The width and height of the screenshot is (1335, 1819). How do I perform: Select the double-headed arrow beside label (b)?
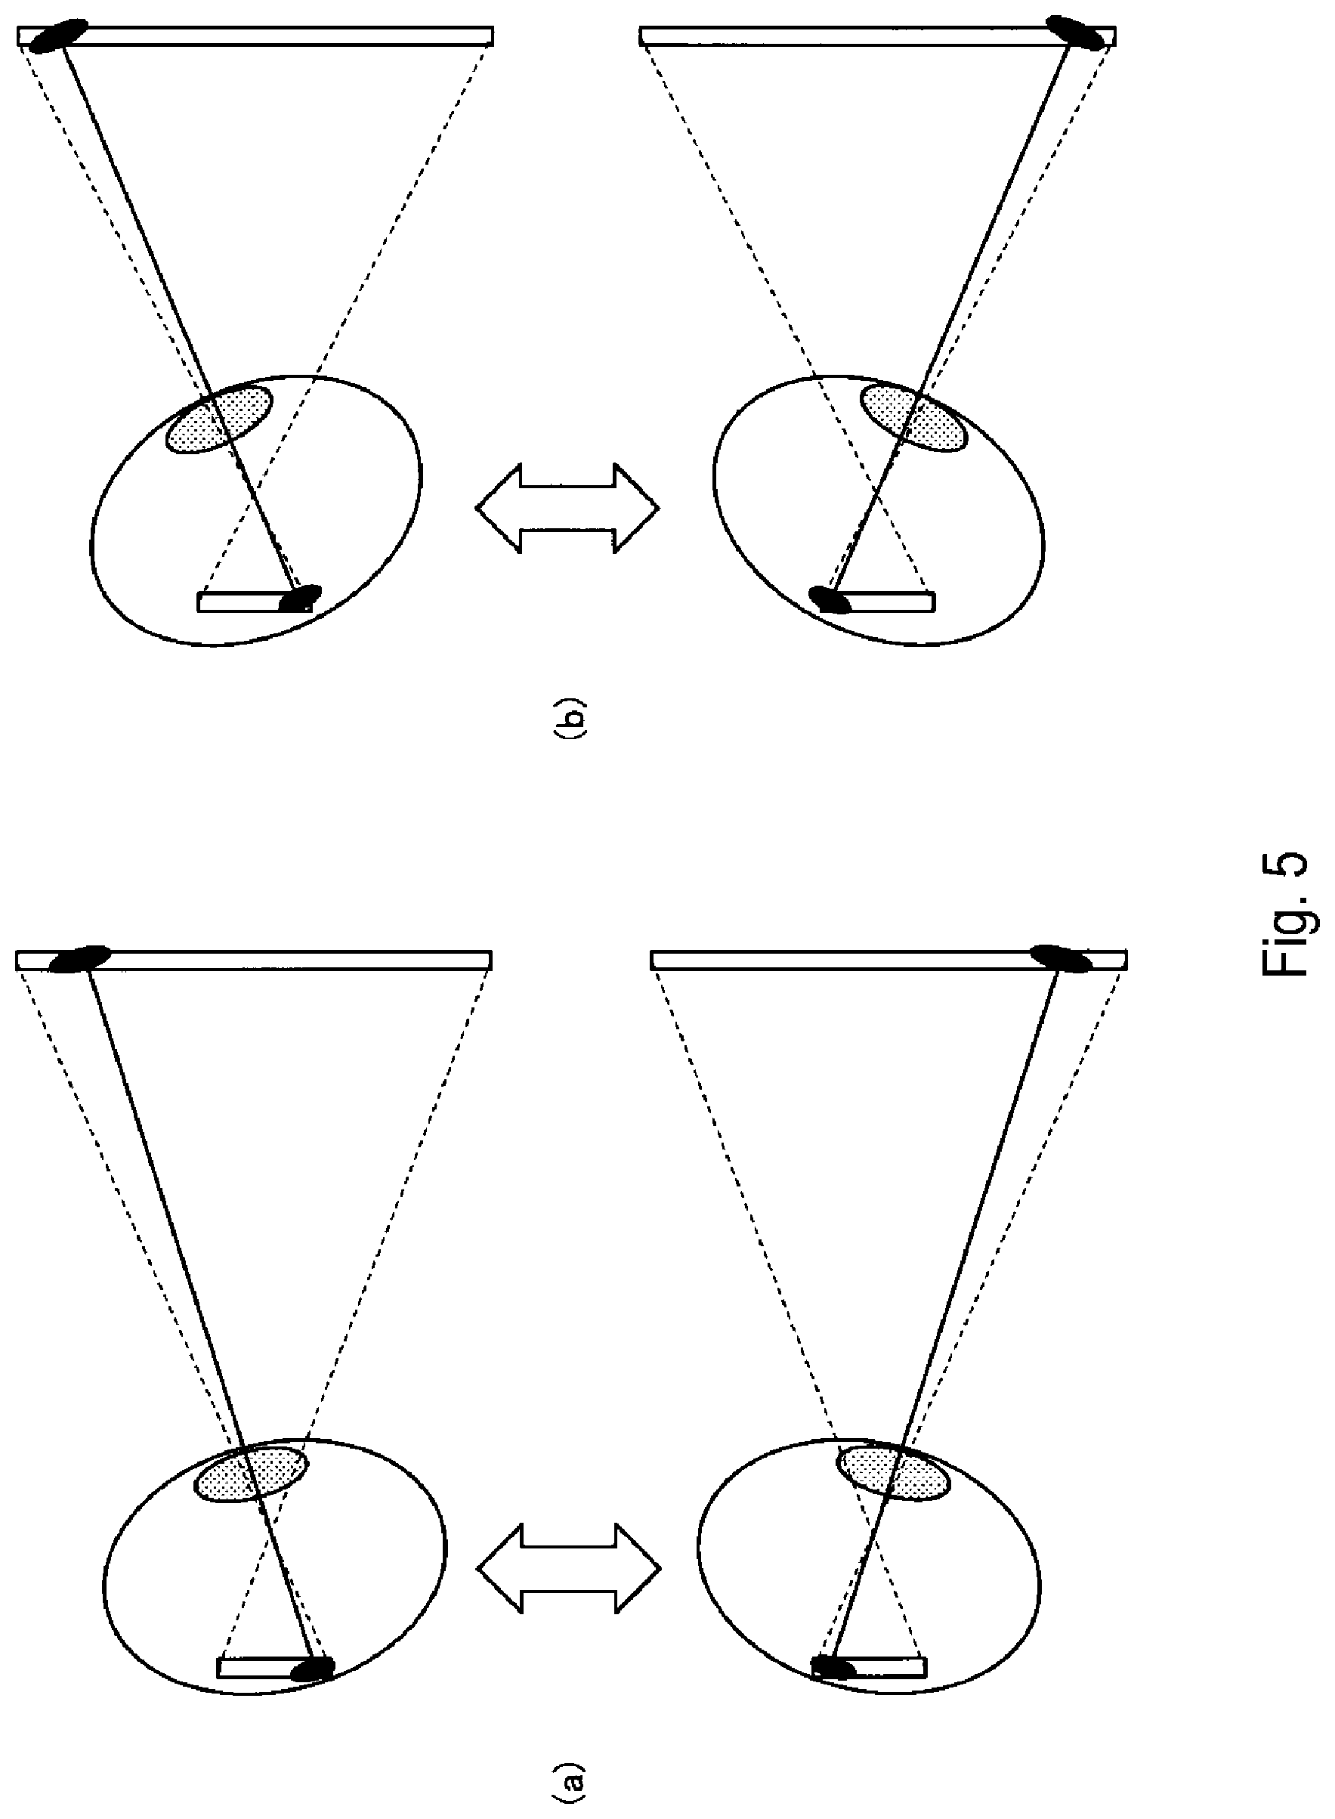click(x=567, y=509)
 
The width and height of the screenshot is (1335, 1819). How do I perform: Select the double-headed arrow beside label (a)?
click(x=569, y=1569)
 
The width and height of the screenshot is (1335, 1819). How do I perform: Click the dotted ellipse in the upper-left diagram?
click(x=218, y=419)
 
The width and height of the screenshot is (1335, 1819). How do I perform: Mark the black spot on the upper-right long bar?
click(x=1076, y=33)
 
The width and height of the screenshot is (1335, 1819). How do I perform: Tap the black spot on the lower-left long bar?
click(x=80, y=958)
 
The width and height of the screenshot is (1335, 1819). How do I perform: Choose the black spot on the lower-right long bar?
click(x=1062, y=957)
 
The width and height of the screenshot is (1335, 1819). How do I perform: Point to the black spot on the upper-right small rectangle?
click(x=831, y=599)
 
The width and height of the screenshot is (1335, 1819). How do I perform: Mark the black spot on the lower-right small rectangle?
click(x=833, y=1668)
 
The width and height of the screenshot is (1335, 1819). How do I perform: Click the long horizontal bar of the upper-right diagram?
click(x=878, y=36)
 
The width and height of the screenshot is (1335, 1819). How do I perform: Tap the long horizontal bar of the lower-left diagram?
click(x=254, y=960)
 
